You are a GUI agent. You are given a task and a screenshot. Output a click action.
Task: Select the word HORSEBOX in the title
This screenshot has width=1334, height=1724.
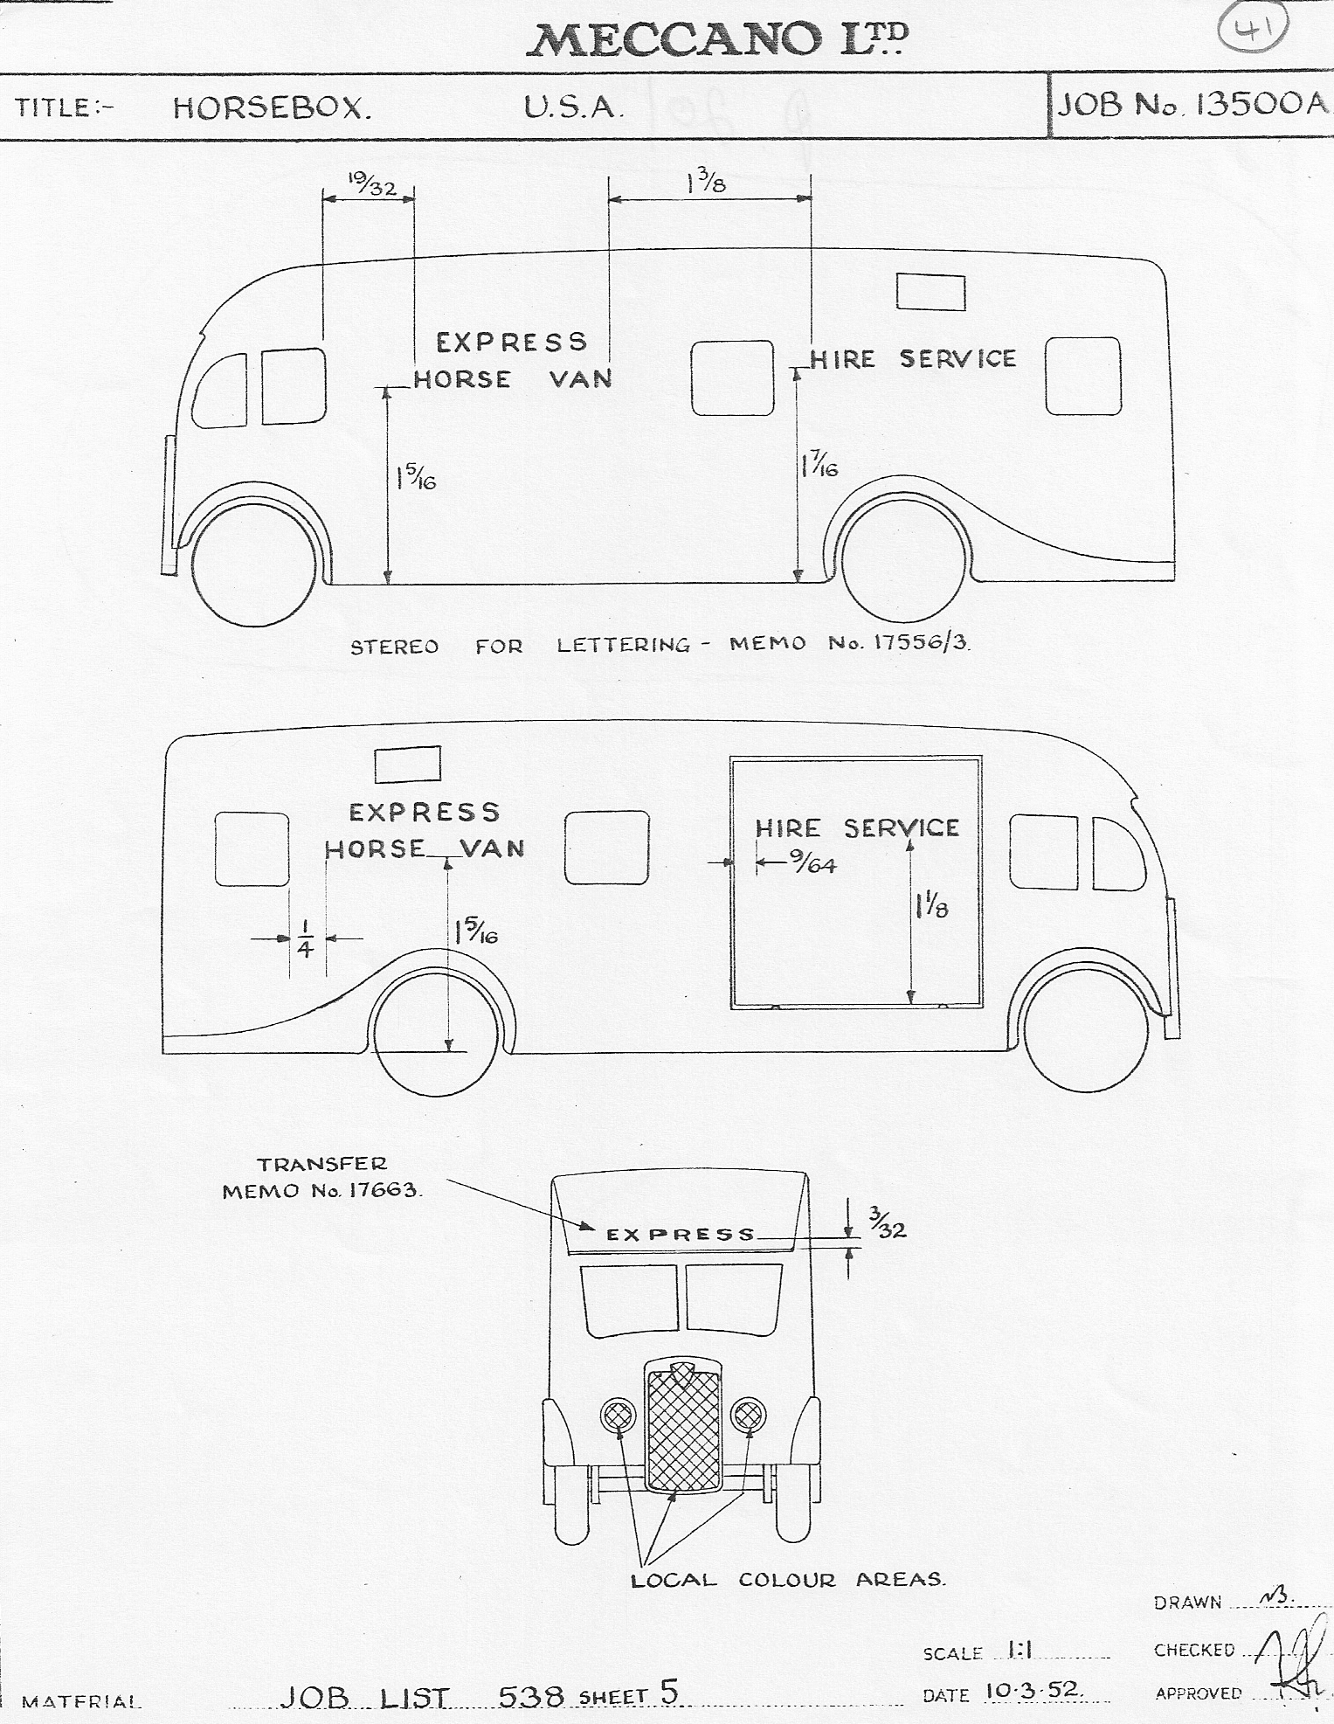[x=272, y=107]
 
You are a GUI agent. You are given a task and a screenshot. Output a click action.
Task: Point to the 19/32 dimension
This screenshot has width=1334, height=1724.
[x=372, y=185]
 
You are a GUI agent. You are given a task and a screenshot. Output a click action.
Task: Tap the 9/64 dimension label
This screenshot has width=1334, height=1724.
[x=812, y=864]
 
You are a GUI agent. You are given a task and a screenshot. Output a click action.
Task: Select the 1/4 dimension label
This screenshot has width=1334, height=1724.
[x=304, y=938]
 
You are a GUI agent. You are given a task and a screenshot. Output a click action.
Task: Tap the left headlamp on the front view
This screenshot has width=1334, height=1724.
[x=619, y=1414]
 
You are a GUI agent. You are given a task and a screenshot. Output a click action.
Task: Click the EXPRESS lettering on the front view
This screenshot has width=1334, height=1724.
[x=681, y=1234]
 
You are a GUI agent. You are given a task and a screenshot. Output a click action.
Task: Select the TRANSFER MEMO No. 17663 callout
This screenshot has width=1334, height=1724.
[x=321, y=1177]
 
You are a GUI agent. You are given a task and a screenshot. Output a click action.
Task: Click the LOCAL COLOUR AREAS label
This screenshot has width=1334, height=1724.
[x=788, y=1580]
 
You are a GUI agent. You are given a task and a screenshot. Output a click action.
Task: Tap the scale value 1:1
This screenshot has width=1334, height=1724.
[x=1020, y=1649]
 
